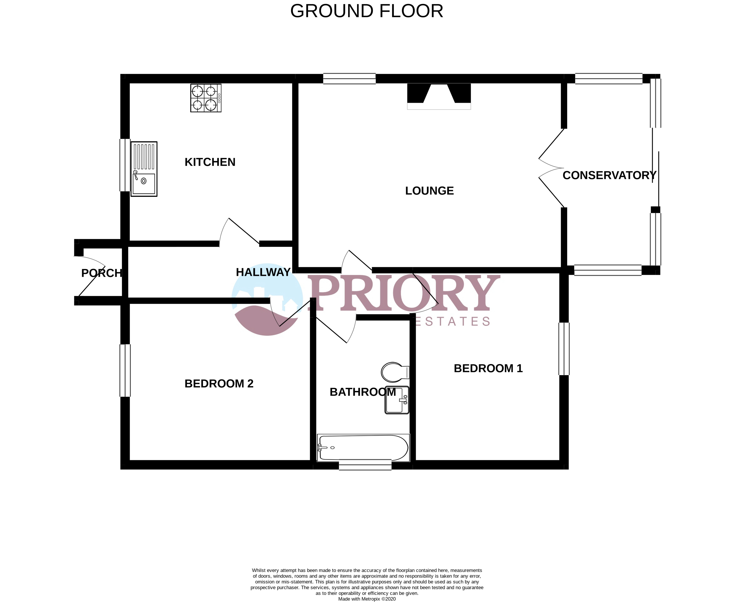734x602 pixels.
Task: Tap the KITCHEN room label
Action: tap(210, 162)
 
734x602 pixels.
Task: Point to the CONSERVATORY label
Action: tap(609, 175)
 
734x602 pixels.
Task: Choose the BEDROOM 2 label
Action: tap(219, 383)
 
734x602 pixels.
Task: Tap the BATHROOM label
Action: tap(363, 392)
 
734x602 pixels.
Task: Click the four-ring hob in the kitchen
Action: tap(206, 98)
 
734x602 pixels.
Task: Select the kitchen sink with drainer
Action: tap(144, 169)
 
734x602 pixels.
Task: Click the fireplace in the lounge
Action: tap(439, 96)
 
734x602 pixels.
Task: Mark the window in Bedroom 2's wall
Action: tap(125, 370)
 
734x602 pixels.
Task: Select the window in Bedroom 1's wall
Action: tap(564, 349)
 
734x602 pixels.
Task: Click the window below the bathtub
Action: tap(365, 465)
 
